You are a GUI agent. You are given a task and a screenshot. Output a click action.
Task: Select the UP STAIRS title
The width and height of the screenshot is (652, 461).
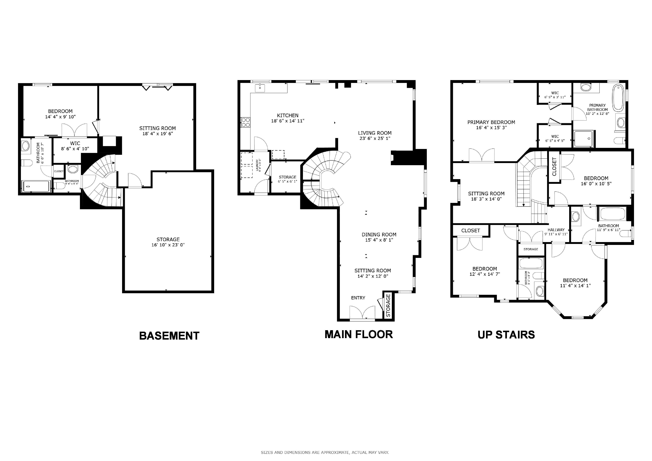[506, 335]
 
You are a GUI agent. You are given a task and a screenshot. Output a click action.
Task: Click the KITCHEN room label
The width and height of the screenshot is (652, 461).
[288, 116]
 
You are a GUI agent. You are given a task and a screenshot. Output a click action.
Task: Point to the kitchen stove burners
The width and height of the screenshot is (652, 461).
[245, 122]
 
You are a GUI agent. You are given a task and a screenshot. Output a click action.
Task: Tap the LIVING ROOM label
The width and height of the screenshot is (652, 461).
[375, 133]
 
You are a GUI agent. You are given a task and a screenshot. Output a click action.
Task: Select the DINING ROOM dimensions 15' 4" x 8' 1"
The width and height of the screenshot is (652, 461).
[379, 240]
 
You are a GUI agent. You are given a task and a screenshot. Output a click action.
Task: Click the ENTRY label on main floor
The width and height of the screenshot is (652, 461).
[358, 298]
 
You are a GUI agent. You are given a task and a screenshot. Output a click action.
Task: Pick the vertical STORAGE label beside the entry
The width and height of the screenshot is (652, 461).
[388, 305]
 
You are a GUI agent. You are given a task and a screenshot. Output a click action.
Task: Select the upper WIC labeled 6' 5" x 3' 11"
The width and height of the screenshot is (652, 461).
[555, 95]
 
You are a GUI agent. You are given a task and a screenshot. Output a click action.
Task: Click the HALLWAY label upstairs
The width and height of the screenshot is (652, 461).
[556, 230]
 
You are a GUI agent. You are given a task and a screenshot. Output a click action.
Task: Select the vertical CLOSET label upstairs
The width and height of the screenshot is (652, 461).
[554, 167]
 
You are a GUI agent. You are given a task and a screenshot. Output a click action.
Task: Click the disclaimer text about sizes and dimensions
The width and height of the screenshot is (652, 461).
[325, 452]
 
